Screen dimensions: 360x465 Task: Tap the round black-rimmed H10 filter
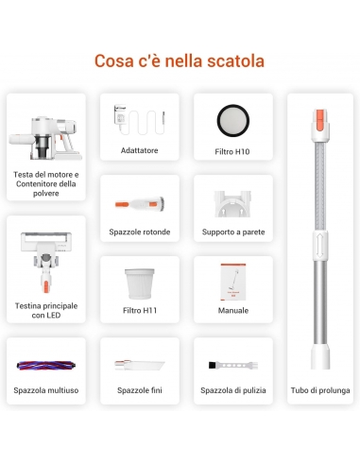click(x=233, y=120)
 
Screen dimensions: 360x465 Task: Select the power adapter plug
click(x=120, y=115)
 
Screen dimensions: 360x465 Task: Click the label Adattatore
click(x=140, y=150)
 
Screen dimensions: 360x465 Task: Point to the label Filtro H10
click(x=232, y=151)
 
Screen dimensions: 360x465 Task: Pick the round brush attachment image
click(x=140, y=204)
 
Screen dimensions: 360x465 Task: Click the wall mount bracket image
click(x=232, y=204)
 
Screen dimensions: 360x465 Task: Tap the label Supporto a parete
click(x=233, y=232)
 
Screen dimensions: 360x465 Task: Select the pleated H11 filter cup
click(x=140, y=284)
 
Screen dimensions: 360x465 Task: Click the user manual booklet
click(x=233, y=282)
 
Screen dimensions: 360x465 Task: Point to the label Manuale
click(x=233, y=310)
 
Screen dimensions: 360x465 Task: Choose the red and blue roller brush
click(x=46, y=365)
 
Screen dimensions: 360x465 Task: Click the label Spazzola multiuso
click(x=46, y=390)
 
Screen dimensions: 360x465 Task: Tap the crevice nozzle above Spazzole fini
click(x=140, y=365)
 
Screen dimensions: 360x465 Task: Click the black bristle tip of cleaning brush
click(x=213, y=365)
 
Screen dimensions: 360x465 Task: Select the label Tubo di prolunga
click(x=320, y=390)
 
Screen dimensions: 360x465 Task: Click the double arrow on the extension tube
click(x=320, y=246)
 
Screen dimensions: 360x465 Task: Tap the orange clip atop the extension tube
click(x=320, y=117)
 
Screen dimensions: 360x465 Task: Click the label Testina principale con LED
click(x=46, y=310)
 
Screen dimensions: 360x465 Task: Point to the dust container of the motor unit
click(x=43, y=146)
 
